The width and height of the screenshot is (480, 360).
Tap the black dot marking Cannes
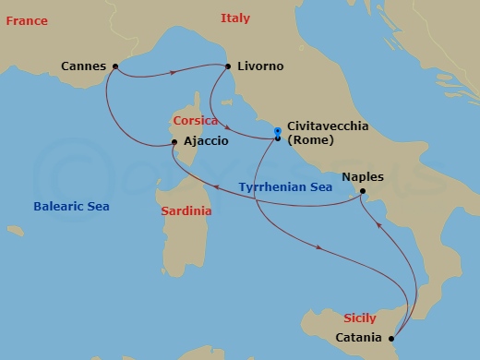coord(114,66)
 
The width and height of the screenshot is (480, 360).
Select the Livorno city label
coord(260,66)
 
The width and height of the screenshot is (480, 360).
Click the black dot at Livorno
coord(227,66)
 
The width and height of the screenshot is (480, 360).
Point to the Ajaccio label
coord(206,142)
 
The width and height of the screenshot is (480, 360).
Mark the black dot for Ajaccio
coord(174,142)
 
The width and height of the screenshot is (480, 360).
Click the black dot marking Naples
coord(364,193)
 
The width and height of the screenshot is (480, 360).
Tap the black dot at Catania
coord(392,338)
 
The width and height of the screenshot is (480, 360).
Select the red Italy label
coord(234,18)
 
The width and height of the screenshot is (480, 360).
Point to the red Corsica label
coord(195,121)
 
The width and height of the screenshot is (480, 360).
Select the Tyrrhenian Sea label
coord(285,186)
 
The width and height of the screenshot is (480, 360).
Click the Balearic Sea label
coord(70,207)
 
